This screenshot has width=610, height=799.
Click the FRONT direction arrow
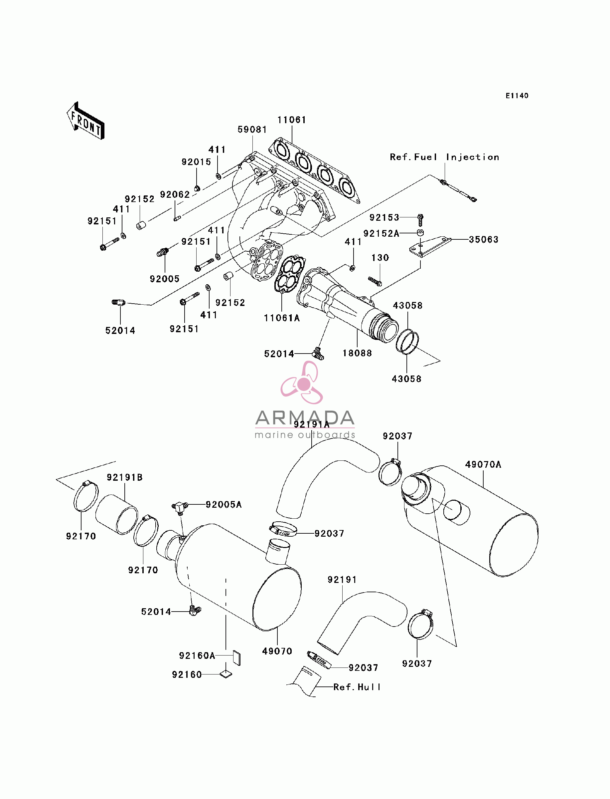point(86,121)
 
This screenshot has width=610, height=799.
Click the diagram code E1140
point(517,96)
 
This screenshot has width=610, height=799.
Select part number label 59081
point(252,130)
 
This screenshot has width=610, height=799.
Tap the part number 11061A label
point(282,318)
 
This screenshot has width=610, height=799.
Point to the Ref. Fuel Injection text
point(444,157)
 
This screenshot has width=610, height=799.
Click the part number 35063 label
point(484,239)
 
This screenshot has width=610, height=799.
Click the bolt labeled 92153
point(420,220)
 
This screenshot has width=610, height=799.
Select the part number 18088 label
point(357,353)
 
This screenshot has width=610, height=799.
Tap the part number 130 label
point(380,258)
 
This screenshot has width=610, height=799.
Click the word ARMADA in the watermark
point(305,418)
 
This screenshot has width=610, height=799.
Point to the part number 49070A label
point(483,464)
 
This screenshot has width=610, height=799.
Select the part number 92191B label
point(124,477)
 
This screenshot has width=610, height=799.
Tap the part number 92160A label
point(197,656)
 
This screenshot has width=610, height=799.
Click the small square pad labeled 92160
point(226,674)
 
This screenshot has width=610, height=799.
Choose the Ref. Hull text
point(357,687)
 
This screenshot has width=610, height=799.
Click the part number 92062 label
point(175,194)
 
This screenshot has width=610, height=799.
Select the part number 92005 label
point(165,279)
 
